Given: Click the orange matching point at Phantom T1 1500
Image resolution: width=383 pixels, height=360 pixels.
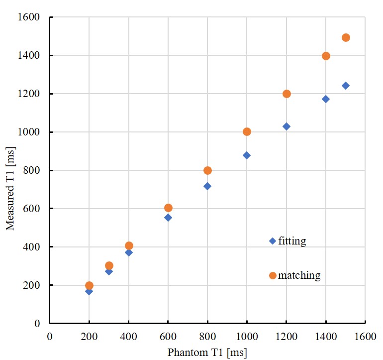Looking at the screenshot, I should tap(346, 38).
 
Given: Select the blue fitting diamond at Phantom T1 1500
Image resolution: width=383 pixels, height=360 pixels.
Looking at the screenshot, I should tap(346, 86).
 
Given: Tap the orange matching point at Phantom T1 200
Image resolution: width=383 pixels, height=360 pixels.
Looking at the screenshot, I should tap(89, 286).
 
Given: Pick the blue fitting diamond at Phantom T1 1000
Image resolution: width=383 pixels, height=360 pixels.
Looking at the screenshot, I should tap(247, 155).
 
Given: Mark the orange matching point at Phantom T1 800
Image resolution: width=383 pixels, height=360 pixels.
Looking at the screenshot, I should tap(207, 171).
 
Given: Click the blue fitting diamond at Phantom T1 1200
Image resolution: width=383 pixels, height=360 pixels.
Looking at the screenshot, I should tap(287, 126).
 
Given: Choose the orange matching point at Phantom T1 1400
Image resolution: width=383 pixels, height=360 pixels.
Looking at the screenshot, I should tap(326, 56).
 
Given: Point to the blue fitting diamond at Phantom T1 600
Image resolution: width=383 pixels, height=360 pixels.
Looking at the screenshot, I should tap(168, 218).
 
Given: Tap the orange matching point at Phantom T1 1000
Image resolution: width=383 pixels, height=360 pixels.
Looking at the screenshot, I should tap(247, 132).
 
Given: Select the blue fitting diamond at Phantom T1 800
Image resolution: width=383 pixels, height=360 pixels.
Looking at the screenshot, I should tap(207, 186).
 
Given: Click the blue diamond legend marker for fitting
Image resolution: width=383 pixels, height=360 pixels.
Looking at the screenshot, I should tap(273, 241).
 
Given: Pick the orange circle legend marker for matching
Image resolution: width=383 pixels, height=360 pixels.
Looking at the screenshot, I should tap(273, 275).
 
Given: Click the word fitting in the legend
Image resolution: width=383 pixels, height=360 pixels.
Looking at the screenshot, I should tap(292, 241).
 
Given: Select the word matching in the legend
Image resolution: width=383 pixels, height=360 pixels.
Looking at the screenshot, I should tap(299, 275).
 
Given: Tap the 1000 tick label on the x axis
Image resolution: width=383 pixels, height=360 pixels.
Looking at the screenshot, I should tap(247, 337).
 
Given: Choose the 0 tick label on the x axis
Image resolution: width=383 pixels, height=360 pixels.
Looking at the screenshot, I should tap(50, 337).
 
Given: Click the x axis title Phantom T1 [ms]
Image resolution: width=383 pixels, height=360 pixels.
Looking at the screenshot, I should tap(207, 353).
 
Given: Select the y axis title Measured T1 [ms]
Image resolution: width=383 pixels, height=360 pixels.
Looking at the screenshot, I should tap(11, 188).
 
